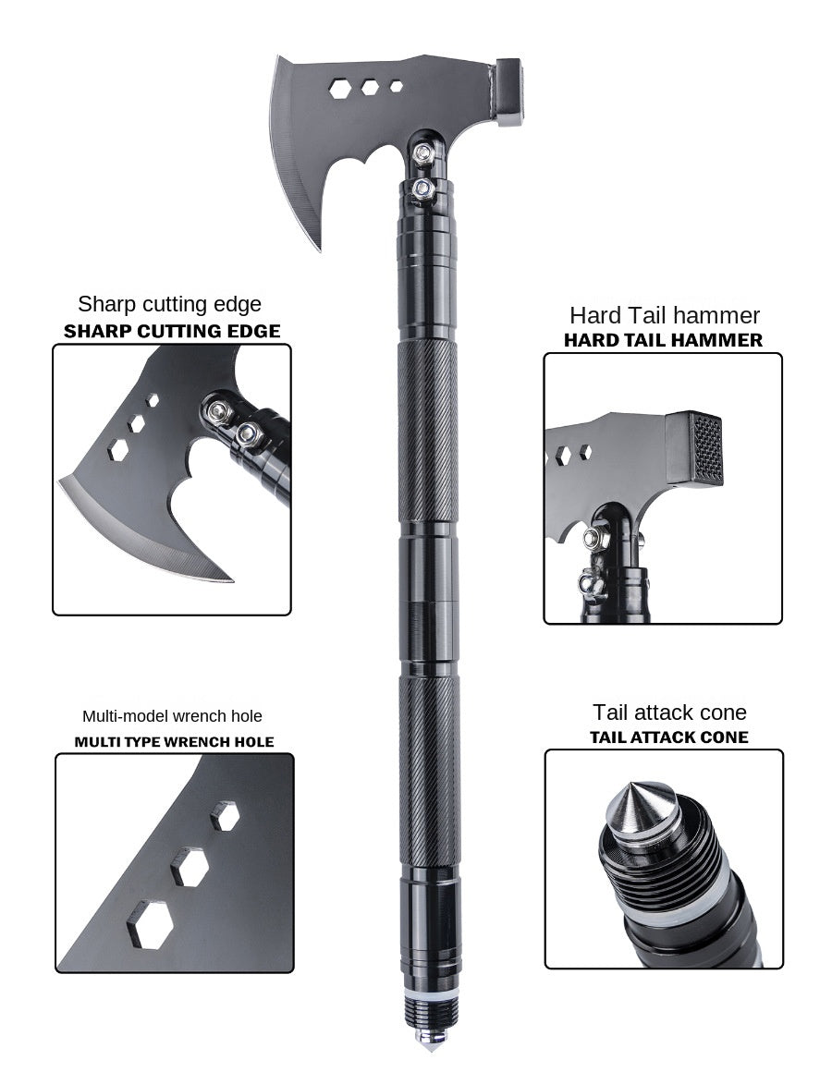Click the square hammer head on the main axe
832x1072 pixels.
tap(509, 91)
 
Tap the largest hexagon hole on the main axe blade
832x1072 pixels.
tap(339, 89)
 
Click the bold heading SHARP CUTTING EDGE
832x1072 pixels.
tap(172, 332)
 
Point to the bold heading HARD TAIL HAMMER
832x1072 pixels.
tap(663, 340)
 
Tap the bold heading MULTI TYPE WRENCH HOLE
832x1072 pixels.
tap(174, 742)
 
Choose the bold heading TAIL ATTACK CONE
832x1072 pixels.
tap(668, 737)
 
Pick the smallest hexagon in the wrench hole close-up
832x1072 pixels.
tap(225, 816)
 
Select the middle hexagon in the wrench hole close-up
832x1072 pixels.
tap(190, 867)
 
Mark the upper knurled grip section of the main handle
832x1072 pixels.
tap(428, 430)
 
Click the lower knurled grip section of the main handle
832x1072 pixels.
tap(428, 772)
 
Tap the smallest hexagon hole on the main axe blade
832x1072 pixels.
tap(396, 86)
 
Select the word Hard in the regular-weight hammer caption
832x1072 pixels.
tap(594, 316)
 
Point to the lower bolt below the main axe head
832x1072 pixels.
tap(422, 189)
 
